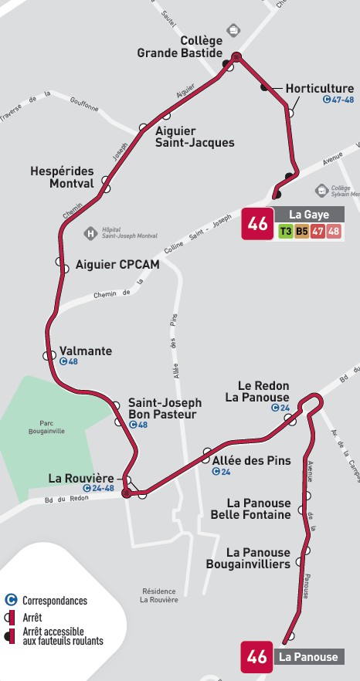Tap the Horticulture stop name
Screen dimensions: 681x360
[319, 89]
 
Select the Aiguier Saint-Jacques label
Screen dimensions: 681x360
[195, 137]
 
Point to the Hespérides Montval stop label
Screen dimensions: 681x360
[61, 177]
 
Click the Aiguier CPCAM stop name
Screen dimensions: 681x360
[117, 265]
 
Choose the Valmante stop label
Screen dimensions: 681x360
[86, 351]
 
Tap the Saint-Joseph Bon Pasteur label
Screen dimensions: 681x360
[165, 408]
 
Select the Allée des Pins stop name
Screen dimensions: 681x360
[251, 461]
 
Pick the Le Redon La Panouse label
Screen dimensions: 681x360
[258, 391]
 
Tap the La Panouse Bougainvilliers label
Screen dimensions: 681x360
[248, 558]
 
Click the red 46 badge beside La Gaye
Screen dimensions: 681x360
[257, 224]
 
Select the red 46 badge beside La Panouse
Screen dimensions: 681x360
[257, 657]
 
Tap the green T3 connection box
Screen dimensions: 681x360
[286, 231]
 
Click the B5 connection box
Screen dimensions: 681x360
[301, 231]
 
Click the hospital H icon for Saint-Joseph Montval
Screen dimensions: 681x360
[90, 232]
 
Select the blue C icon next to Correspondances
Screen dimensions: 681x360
[11, 600]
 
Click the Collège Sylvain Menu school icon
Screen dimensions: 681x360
[321, 190]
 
